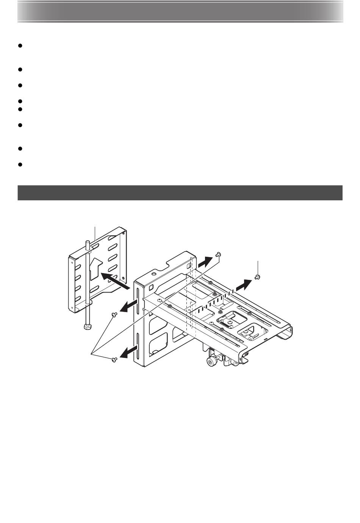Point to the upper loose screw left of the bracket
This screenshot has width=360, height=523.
click(x=114, y=314)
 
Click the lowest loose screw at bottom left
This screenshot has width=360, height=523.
click(x=113, y=360)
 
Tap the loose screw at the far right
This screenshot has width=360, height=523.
click(x=257, y=277)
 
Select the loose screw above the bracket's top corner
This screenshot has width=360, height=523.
click(x=218, y=255)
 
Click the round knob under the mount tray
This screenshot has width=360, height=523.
click(x=210, y=362)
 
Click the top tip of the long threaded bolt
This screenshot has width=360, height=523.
click(x=87, y=242)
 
